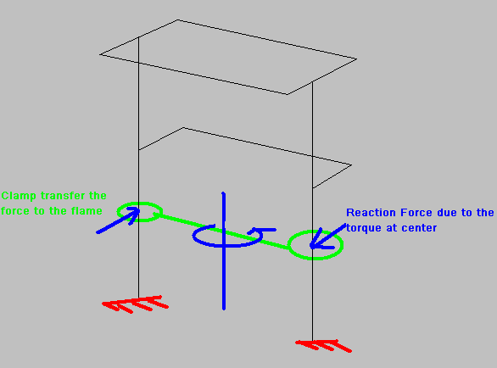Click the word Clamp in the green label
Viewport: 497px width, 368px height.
pos(19,196)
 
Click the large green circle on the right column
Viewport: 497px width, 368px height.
pos(316,231)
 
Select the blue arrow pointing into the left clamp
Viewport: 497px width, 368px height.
pos(118,220)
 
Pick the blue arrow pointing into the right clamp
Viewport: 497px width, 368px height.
pos(327,236)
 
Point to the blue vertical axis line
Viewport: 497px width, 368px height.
pos(224,250)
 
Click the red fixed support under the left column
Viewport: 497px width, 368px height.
pos(135,304)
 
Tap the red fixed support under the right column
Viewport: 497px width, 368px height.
pos(323,345)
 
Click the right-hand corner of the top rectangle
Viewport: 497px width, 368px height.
pos(356,59)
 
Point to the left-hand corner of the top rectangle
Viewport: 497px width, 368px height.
pos(100,54)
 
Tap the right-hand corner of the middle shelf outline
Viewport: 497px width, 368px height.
pos(351,164)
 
